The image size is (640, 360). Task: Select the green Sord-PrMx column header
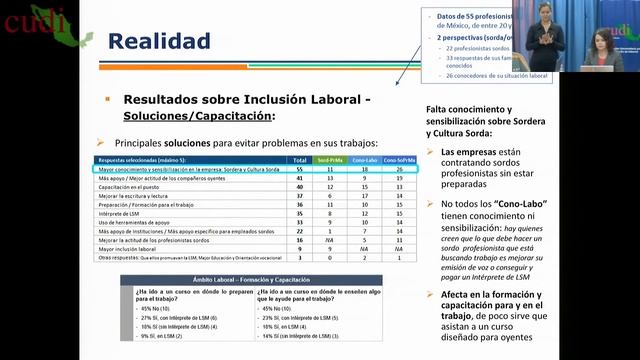point(330,159)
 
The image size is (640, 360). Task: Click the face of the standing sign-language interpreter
point(545,11)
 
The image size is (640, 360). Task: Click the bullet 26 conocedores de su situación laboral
point(481,76)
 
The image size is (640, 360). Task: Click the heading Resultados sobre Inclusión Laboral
point(246,100)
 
